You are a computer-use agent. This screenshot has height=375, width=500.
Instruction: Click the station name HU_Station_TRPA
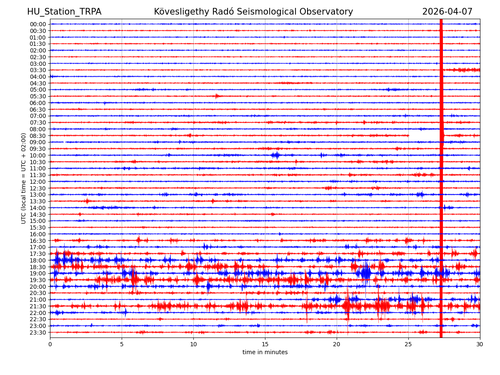[x=64, y=12]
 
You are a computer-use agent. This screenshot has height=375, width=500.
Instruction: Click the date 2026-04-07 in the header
[x=447, y=12]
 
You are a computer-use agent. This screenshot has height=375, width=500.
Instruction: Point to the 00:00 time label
[x=38, y=24]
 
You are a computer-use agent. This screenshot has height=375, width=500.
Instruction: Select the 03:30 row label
[x=38, y=70]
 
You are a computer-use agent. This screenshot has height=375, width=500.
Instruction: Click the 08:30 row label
[x=38, y=136]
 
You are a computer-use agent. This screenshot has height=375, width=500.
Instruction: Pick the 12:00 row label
[x=38, y=182]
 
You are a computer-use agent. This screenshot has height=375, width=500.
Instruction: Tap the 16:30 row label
[x=38, y=241]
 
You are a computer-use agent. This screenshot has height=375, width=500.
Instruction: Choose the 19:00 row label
[x=38, y=273]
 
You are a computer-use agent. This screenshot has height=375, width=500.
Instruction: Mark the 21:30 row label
[x=38, y=306]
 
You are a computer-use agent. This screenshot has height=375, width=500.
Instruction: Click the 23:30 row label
[x=38, y=332]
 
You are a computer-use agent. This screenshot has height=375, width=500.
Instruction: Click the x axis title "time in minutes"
[x=265, y=352]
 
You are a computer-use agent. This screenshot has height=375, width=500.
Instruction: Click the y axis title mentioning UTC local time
[x=24, y=178]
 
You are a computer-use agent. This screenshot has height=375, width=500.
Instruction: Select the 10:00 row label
[x=38, y=155]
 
